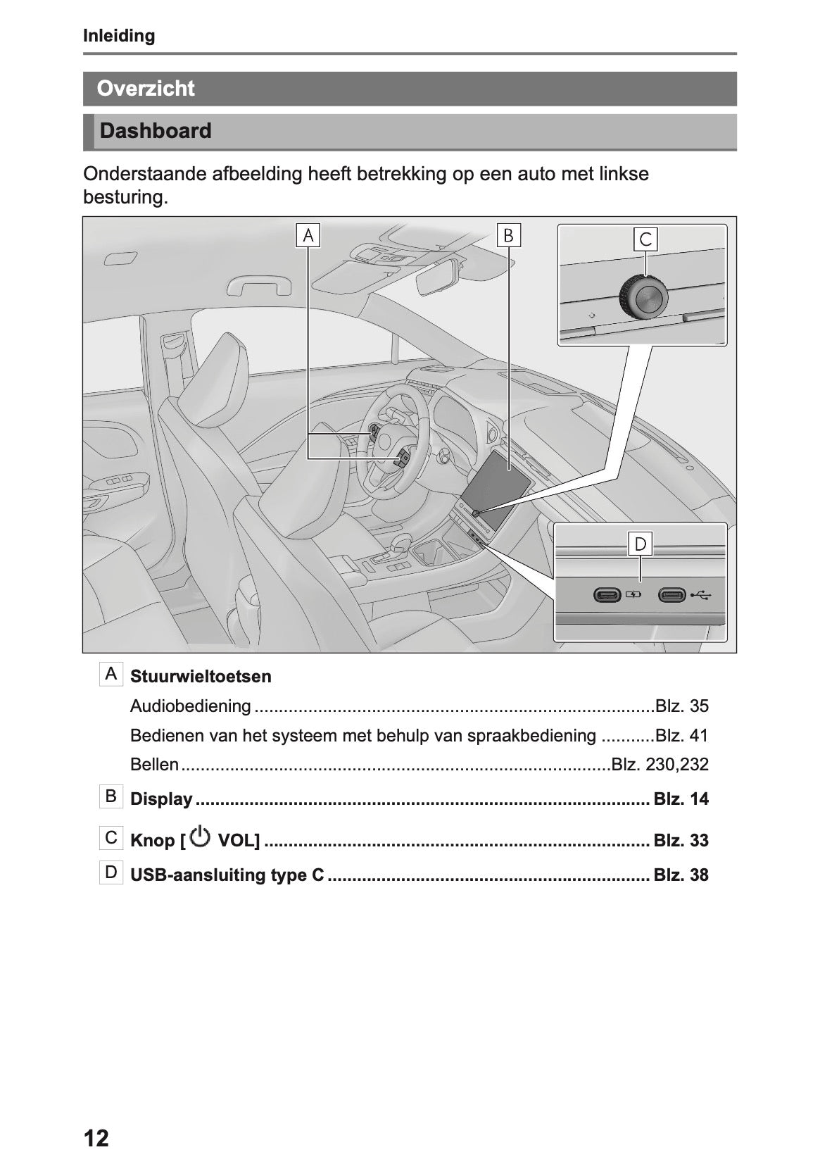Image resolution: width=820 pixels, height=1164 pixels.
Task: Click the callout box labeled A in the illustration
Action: (x=308, y=236)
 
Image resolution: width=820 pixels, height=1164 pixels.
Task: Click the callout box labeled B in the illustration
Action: (x=508, y=235)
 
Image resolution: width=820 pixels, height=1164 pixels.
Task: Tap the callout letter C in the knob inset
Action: (x=645, y=239)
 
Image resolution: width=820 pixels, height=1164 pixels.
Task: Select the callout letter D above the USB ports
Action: (x=641, y=544)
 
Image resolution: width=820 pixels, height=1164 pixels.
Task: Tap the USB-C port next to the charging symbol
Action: (x=607, y=595)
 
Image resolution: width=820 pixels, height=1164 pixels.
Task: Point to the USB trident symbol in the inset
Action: (x=701, y=595)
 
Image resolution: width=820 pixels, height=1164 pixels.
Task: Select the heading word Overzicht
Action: (x=146, y=89)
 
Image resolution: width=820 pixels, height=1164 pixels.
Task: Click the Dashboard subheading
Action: (x=156, y=131)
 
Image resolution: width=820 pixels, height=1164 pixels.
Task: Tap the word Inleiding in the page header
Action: (x=119, y=36)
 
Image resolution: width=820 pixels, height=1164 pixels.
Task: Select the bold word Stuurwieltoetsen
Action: (x=201, y=677)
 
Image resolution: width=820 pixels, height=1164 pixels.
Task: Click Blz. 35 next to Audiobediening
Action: (x=681, y=706)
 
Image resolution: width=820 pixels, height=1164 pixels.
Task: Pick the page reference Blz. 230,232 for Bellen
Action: (x=660, y=765)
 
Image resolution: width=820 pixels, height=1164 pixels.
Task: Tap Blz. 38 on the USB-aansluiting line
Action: (x=681, y=875)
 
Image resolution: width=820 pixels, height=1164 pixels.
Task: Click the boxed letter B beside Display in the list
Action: (x=111, y=796)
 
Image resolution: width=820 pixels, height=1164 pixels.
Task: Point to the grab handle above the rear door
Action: (x=258, y=285)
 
